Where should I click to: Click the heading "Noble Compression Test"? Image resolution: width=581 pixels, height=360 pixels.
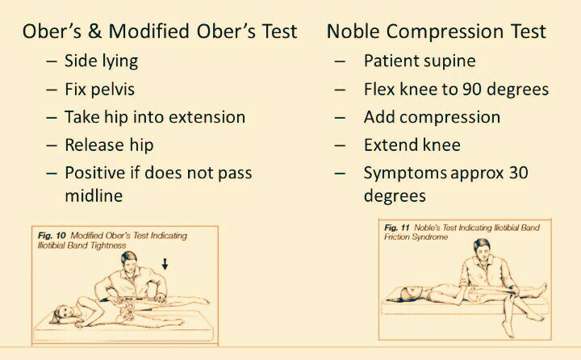tap(436, 31)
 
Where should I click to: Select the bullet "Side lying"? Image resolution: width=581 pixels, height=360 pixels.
tap(101, 61)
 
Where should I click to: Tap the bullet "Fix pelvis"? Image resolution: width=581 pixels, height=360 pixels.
tap(99, 89)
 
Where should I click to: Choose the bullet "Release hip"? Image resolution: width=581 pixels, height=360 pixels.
tap(109, 145)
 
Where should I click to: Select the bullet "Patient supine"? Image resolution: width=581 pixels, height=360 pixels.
tap(420, 61)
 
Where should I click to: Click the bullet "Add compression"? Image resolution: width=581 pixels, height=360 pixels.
tap(432, 117)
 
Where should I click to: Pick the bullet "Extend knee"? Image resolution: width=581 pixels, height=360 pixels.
tap(412, 145)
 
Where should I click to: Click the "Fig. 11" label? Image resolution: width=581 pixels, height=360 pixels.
tap(399, 228)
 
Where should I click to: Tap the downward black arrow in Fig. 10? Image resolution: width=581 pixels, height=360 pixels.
tap(165, 262)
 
